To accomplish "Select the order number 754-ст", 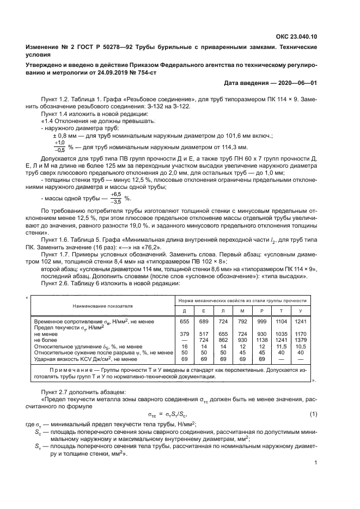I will point(144,72).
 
